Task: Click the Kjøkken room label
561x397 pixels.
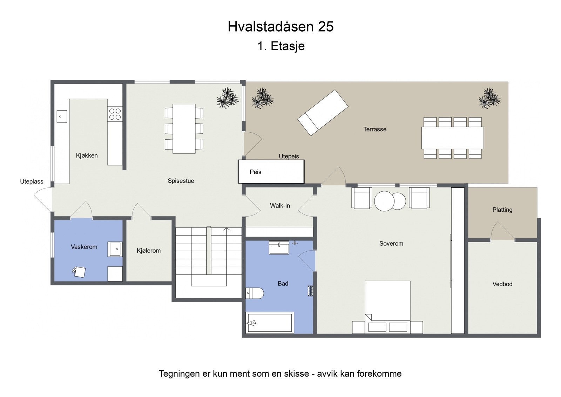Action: [x=87, y=156]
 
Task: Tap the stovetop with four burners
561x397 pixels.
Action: [x=115, y=114]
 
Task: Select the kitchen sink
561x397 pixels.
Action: [x=62, y=116]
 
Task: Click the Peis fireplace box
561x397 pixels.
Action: [x=271, y=172]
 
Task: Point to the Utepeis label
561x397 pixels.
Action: [x=289, y=156]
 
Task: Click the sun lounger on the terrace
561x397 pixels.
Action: [x=323, y=112]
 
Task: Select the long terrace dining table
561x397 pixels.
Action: [x=452, y=138]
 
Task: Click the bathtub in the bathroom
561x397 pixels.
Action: [x=269, y=323]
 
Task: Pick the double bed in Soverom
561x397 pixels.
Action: [x=387, y=305]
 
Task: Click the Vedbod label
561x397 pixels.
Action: [x=502, y=284]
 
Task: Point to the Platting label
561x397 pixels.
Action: [x=502, y=210]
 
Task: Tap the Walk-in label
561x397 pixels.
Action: [x=280, y=206]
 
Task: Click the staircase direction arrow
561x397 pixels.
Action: [x=227, y=230]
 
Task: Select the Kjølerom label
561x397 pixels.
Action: [x=149, y=251]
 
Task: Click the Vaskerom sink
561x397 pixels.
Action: [x=115, y=249]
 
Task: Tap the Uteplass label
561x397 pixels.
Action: [x=32, y=181]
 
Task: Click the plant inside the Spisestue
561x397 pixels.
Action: [x=228, y=98]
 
